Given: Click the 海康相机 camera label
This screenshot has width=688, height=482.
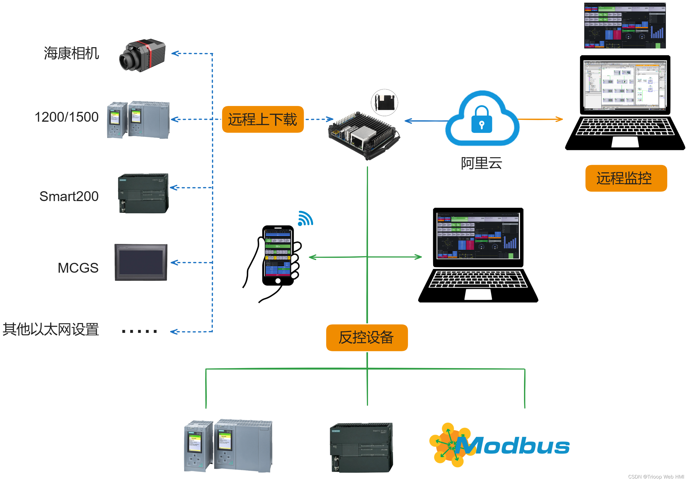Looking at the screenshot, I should pos(71,53).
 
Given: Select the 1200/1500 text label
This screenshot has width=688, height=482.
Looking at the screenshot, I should pos(66,117).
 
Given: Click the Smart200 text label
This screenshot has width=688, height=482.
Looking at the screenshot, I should pos(69,197).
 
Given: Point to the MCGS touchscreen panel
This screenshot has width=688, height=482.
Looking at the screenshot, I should pos(141,262).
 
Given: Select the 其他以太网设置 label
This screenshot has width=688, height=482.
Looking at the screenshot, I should pos(51,329).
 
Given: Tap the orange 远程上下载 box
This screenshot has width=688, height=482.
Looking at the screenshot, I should pos(262,119).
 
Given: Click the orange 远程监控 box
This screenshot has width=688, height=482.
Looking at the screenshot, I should pos(626,178).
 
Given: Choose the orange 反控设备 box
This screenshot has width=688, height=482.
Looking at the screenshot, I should pos(366,337).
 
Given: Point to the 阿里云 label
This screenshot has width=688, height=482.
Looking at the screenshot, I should pos(481,163).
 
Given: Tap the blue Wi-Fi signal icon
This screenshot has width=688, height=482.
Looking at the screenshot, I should pos(305,219).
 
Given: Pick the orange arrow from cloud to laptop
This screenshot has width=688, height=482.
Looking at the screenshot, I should pos(541,119).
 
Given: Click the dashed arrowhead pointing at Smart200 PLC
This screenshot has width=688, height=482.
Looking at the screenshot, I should pos(173,187).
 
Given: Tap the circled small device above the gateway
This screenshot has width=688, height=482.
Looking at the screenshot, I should pos(385,102).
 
